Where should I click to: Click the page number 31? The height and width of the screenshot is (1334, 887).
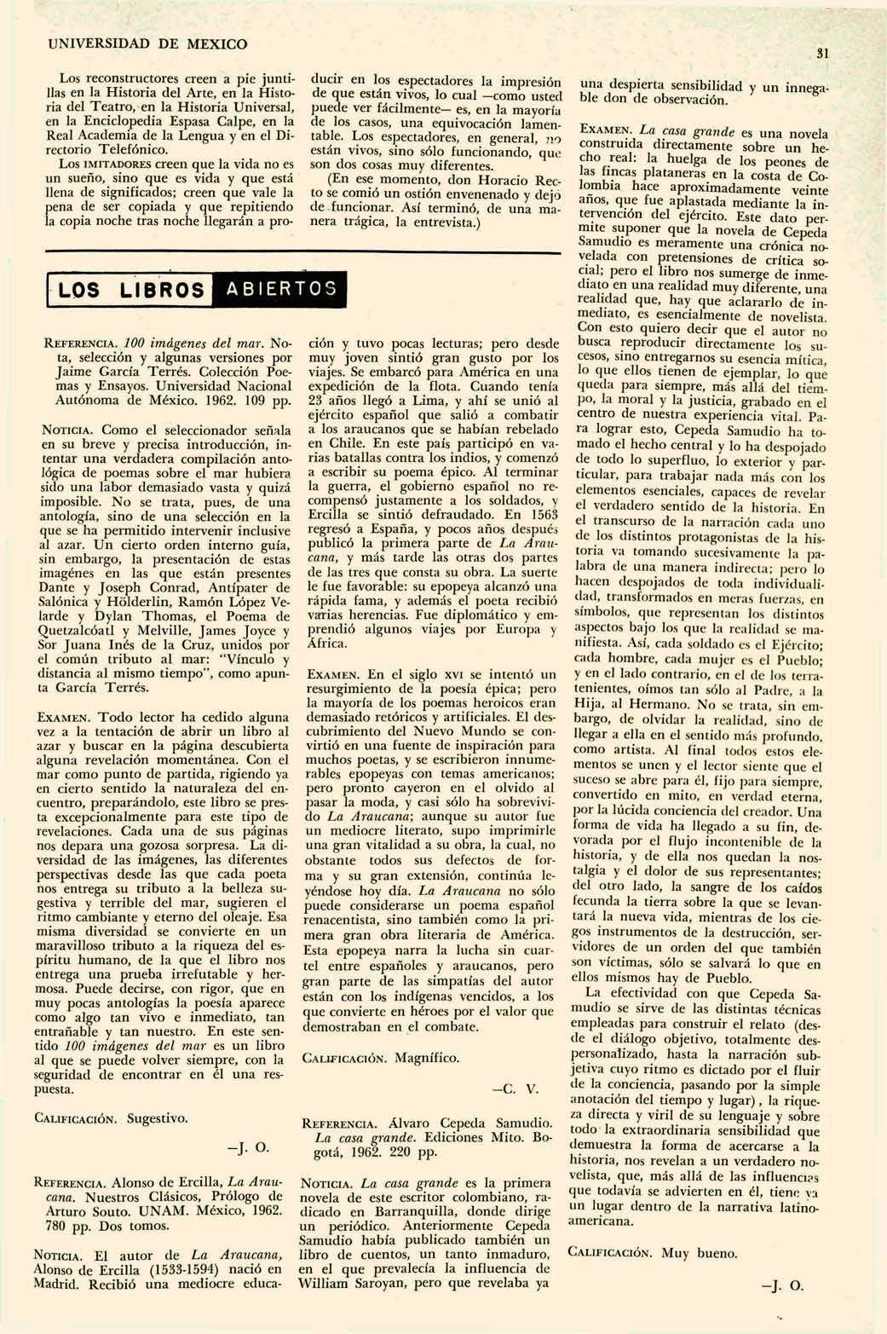[822, 54]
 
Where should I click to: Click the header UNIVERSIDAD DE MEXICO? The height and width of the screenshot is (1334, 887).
[147, 43]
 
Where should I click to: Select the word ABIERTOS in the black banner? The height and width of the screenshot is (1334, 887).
[282, 288]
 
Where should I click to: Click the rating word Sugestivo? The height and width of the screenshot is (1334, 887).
[158, 1117]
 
